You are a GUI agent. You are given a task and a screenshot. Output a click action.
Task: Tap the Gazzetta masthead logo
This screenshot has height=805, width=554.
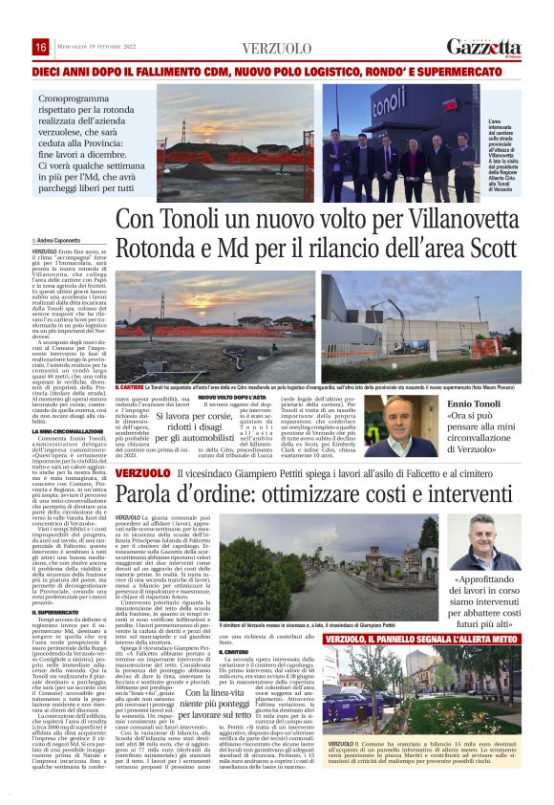coord(484,47)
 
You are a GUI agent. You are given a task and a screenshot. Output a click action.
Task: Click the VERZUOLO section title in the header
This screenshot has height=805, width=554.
coord(276,48)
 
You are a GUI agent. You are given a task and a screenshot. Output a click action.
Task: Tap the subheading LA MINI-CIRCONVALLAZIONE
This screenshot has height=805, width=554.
coord(70,433)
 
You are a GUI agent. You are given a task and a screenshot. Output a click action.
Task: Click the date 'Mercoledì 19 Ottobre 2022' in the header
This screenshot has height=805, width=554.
coord(98,48)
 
